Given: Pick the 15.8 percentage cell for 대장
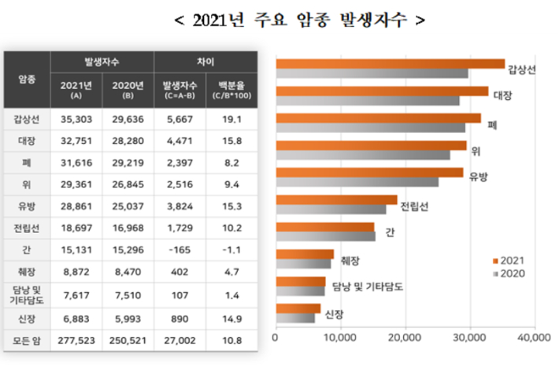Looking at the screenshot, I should point(231,141).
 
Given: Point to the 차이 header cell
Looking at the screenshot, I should point(205,60).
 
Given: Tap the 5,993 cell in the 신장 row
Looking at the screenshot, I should point(128,319).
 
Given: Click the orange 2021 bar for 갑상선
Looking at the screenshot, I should point(390,64).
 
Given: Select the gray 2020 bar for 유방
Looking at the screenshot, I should point(357,182).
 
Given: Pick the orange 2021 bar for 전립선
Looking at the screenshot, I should point(335,200).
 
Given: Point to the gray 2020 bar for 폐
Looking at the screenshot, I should point(370,127).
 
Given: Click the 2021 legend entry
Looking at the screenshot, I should point(510,260).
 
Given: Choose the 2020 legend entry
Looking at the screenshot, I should point(510,273).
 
